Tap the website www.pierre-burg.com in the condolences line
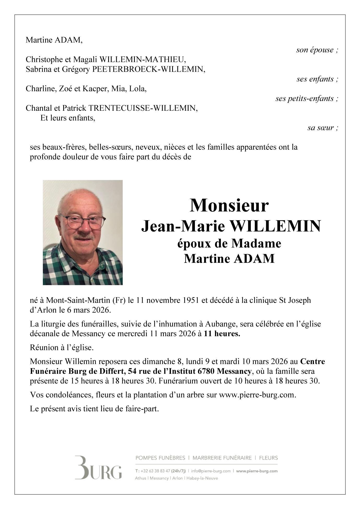[257, 395]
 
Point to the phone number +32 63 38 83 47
[155, 471]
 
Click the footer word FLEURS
[269, 458]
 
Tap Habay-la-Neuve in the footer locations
[202, 478]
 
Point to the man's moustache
[84, 237]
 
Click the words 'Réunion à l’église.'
[62, 348]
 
